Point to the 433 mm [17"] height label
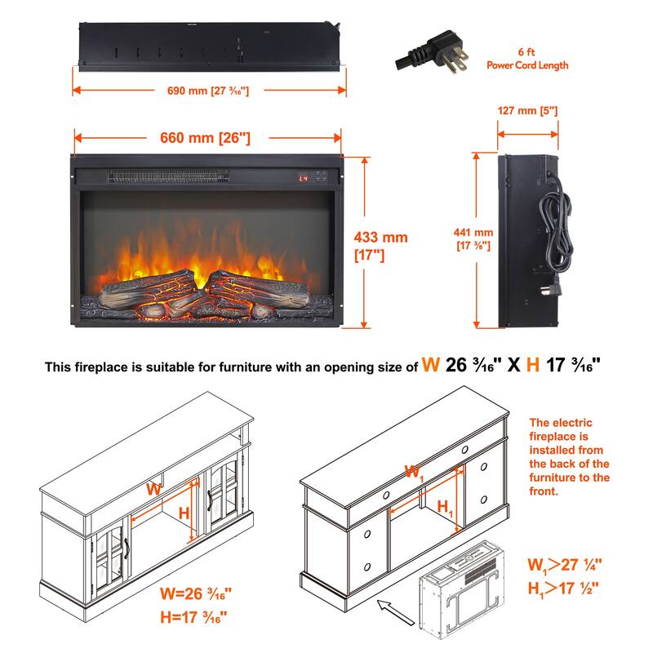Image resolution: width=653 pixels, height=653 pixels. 380,246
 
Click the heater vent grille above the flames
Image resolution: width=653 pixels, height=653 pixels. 169,176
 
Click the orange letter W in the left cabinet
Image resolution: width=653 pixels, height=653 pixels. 153,488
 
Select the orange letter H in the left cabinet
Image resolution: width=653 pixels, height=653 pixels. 184,513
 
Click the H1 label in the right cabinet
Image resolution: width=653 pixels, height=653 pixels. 446,508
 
